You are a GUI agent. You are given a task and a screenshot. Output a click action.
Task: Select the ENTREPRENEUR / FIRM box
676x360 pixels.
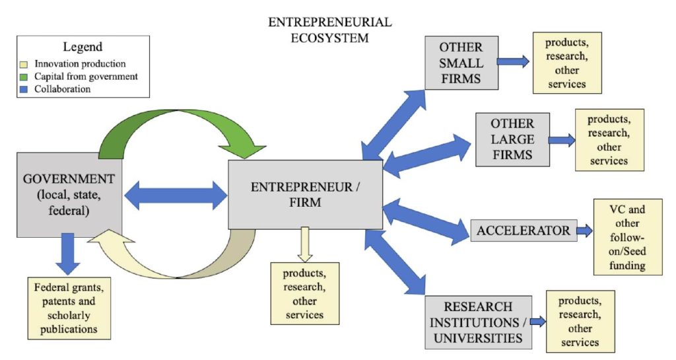click(x=305, y=194)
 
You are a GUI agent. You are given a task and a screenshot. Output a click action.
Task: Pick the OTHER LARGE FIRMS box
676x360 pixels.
click(x=512, y=139)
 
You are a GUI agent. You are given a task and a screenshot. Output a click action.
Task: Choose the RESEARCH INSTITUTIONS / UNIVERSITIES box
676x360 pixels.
click(x=478, y=322)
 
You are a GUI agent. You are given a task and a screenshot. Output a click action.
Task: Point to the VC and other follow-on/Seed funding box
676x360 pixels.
click(x=627, y=236)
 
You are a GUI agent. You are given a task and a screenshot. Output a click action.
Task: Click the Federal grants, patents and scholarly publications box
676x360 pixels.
click(x=68, y=308)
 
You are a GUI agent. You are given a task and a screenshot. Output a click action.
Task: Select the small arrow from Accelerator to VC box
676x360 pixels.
click(x=584, y=231)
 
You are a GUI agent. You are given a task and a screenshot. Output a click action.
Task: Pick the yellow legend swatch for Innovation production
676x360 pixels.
click(x=24, y=64)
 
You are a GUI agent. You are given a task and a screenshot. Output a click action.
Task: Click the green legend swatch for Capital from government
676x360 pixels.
click(x=24, y=77)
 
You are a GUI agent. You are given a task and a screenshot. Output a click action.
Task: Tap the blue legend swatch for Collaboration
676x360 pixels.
click(x=24, y=89)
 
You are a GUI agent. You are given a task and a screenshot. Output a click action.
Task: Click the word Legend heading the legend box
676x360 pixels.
click(x=83, y=47)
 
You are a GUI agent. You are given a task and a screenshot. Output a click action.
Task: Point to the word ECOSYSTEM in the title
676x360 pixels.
click(x=330, y=38)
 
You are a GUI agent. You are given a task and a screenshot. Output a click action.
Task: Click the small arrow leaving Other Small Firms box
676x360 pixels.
click(x=513, y=61)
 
